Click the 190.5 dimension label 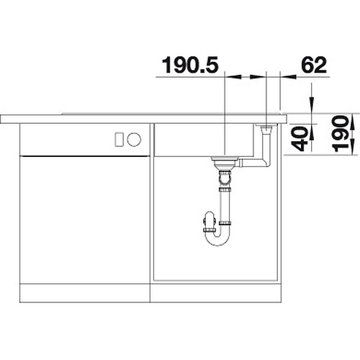pos(190,65)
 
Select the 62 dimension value pos(314,65)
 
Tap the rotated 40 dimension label pos(300,139)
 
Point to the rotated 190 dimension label pos(341,134)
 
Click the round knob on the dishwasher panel pos(134,140)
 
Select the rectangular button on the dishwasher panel pos(120,140)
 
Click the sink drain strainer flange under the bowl pos(225,158)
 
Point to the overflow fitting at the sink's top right pos(266,127)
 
